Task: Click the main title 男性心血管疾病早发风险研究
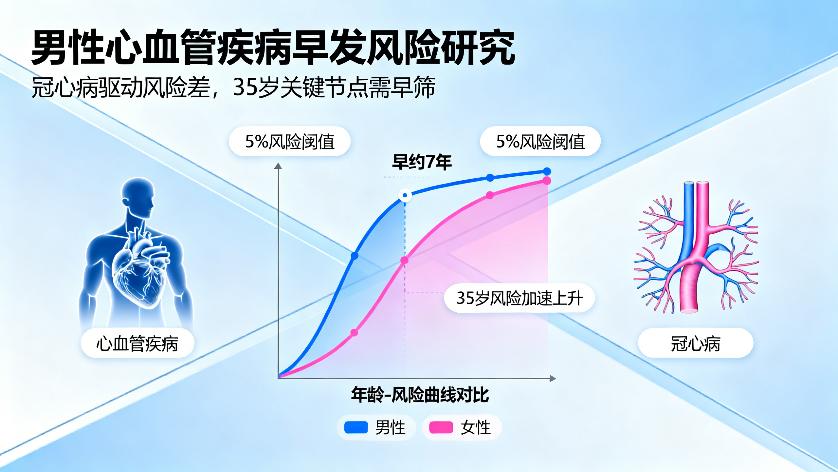[x=273, y=48]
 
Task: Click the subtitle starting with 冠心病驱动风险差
[x=233, y=88]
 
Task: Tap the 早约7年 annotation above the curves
[x=422, y=162]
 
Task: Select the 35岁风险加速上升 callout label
[x=519, y=298]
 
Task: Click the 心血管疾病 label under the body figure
[x=137, y=343]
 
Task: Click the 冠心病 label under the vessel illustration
[x=695, y=343]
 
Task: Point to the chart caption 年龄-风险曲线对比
[x=420, y=395]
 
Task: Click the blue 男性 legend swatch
[x=356, y=427]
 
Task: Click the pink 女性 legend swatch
[x=441, y=427]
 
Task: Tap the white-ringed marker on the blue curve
[x=405, y=195]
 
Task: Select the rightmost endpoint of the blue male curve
[x=547, y=171]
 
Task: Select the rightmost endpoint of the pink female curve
[x=547, y=181]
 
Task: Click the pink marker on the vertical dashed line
[x=405, y=260]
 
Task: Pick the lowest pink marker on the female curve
[x=354, y=333]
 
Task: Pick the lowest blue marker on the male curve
[x=355, y=255]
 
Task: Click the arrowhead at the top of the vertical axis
[x=278, y=166]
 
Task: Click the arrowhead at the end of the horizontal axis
[x=553, y=379]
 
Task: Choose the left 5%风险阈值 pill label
[x=290, y=141]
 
